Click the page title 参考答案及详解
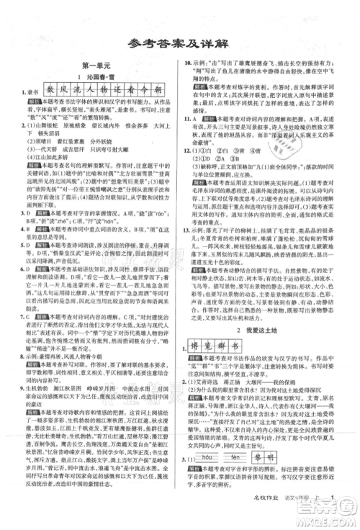tap(179, 40)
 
